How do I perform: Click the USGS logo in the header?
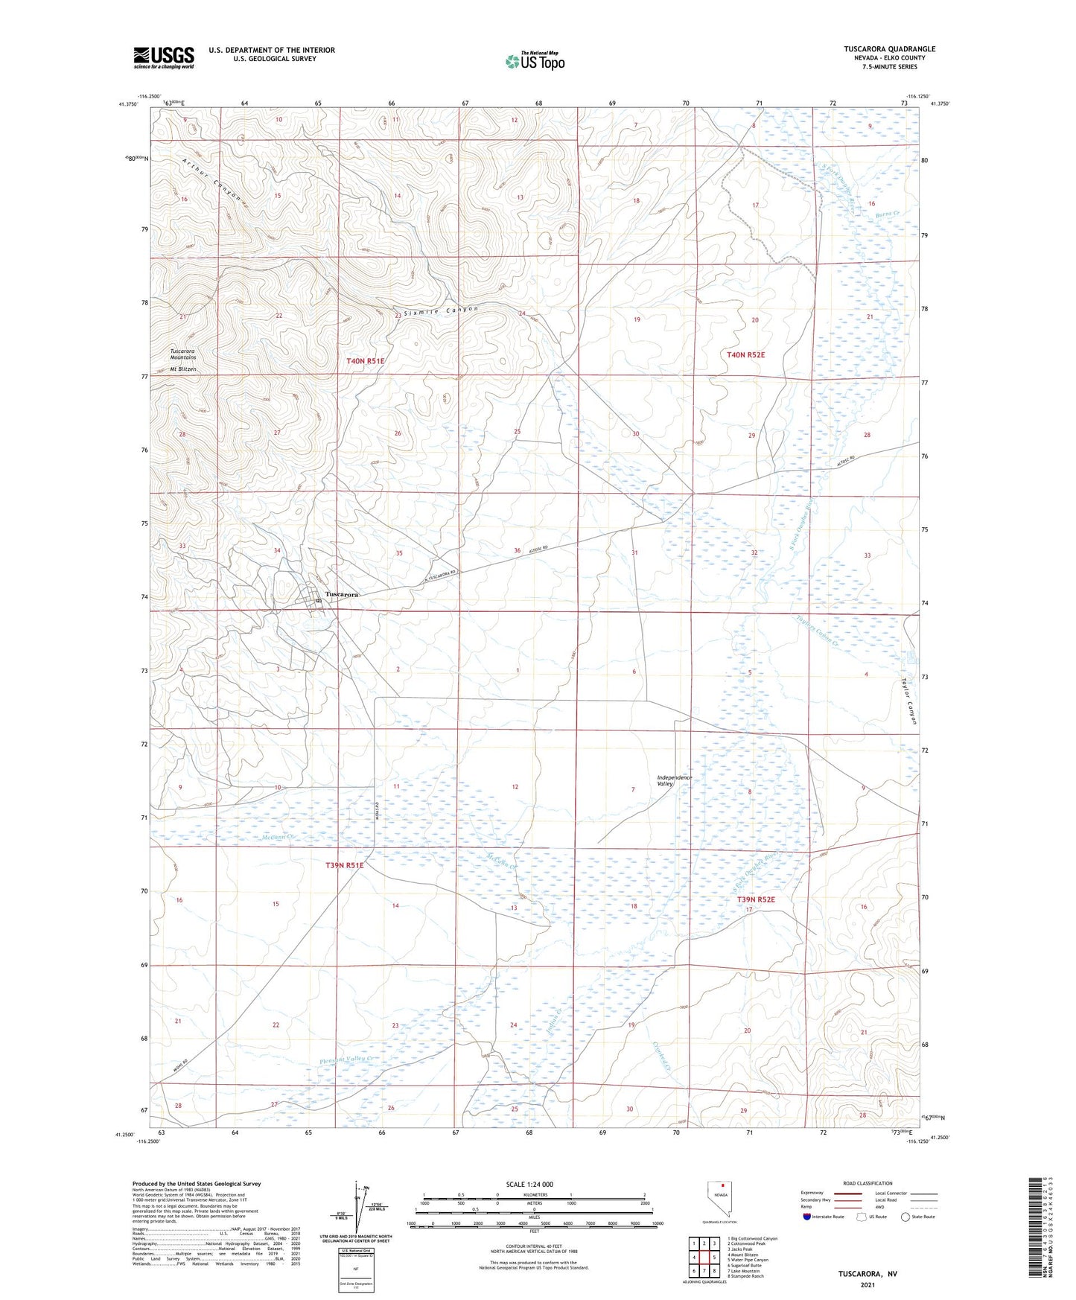pos(164,57)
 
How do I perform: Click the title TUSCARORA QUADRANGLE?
pos(889,49)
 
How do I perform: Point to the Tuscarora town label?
pos(343,595)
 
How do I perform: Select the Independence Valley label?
pos(675,780)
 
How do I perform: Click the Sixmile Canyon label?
pos(440,311)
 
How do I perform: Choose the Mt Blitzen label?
pos(183,369)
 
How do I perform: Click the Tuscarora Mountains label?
pos(183,354)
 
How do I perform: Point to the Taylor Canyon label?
pos(909,702)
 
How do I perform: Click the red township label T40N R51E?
pos(366,361)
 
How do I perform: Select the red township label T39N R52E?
pos(756,899)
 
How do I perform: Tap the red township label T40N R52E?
pos(745,355)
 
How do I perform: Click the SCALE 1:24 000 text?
pos(529,1185)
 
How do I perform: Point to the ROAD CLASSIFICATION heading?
pos(868,1183)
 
